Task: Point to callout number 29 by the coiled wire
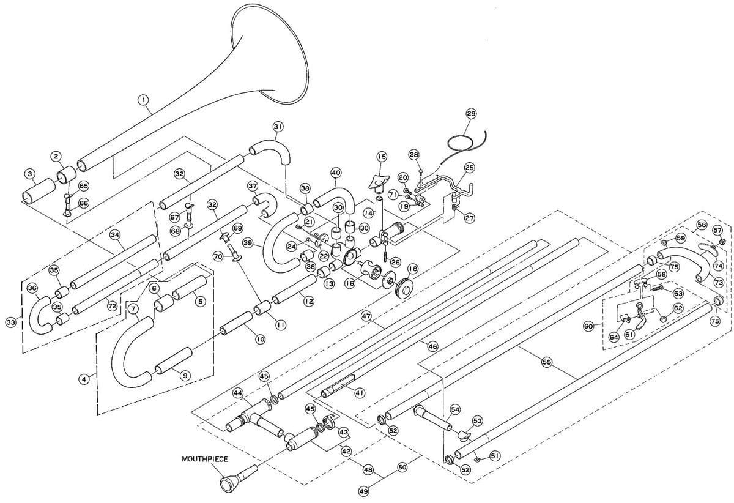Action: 470,113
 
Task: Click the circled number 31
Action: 278,126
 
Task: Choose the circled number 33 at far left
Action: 10,321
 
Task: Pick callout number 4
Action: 86,378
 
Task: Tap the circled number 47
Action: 366,316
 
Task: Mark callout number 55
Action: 547,362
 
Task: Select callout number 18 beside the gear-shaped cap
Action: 412,268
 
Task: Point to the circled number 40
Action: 336,173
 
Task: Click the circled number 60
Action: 588,326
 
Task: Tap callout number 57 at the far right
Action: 717,229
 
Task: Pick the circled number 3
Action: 29,174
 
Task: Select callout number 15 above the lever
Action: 380,157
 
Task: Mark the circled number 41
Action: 360,393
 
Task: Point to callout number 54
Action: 455,409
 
